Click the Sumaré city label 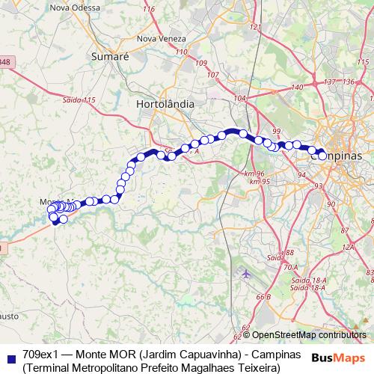click(110, 56)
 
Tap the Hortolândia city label click(166, 104)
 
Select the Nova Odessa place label click(74, 7)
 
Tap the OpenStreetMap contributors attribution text click(308, 336)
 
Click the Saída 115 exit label click(79, 99)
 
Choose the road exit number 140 click(297, 88)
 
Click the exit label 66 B click(263, 298)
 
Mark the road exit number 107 click(212, 74)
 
